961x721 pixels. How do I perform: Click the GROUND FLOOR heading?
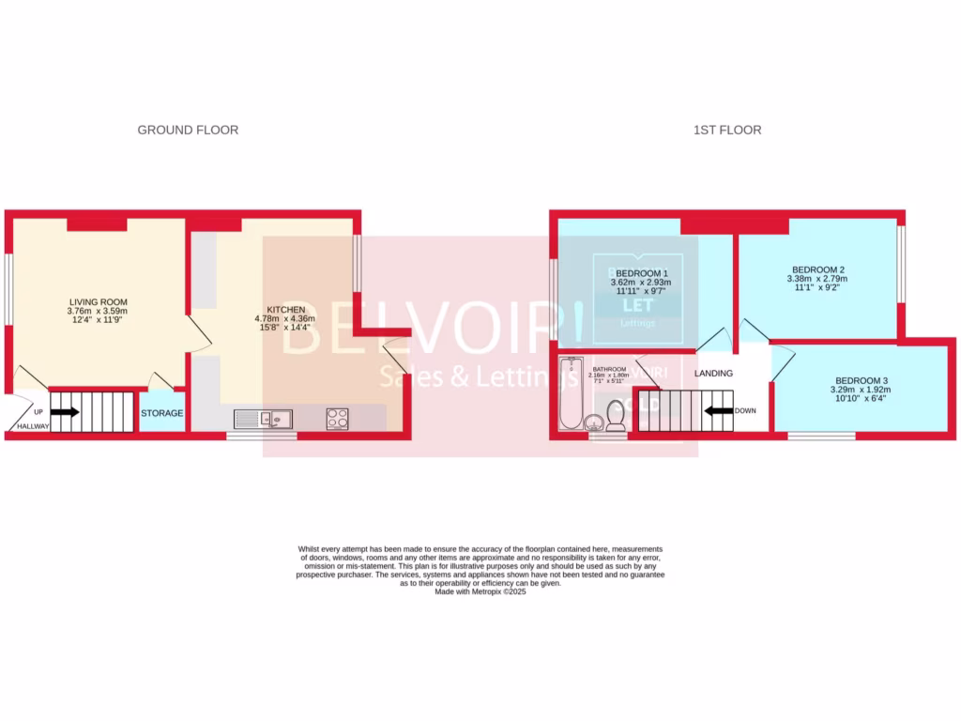coord(188,130)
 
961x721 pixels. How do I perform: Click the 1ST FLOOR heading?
coord(727,130)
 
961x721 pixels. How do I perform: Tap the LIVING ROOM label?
coord(97,301)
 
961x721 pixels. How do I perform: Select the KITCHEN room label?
coord(285,309)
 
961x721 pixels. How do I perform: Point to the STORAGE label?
coord(161,413)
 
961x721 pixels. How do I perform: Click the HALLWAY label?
coord(29,427)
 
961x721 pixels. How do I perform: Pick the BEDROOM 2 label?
coord(816,268)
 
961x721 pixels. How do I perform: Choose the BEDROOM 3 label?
coord(860,380)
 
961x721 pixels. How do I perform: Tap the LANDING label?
coord(713,374)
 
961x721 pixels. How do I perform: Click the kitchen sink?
coord(266,419)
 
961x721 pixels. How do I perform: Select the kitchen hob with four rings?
coord(337,419)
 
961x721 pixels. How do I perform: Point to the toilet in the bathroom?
coord(616,415)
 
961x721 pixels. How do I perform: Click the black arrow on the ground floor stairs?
coord(65,411)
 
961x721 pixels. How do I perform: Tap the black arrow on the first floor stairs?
coord(718,410)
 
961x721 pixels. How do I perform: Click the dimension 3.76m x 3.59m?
coord(97,312)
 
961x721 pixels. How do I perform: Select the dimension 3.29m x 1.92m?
coord(860,390)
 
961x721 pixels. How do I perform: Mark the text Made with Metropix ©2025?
coord(480,592)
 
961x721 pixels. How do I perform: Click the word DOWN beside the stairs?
coord(745,410)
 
